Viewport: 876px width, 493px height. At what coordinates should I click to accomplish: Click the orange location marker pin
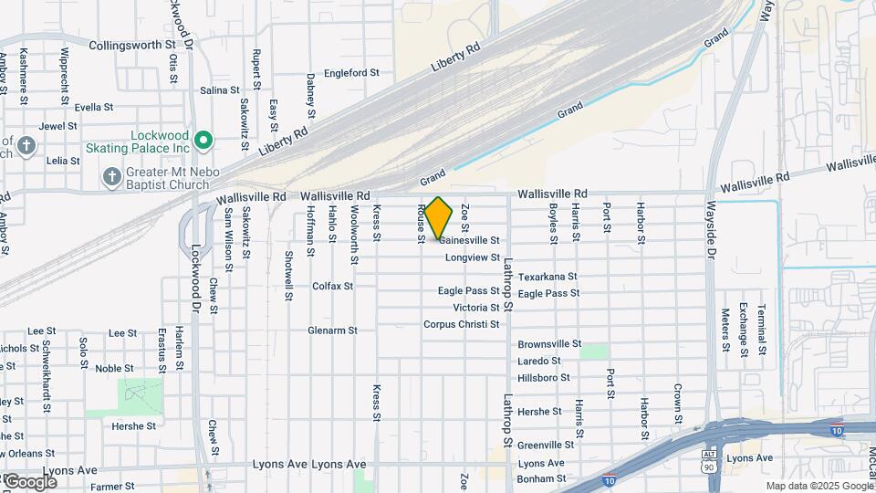pos(439,218)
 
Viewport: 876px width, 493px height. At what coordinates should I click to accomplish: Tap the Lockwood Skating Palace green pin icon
pos(203,141)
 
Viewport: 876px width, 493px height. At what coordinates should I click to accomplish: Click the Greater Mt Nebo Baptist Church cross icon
pos(111,175)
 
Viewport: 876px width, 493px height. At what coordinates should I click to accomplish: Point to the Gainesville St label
pos(469,240)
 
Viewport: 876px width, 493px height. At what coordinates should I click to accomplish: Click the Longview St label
pos(474,257)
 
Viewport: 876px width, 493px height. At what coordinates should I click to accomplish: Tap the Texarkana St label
pos(547,276)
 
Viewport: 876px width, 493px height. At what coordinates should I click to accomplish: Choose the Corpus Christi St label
pos(461,324)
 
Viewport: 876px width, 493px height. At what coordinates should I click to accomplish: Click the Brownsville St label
pos(549,344)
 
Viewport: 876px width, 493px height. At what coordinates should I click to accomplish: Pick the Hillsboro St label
pos(543,377)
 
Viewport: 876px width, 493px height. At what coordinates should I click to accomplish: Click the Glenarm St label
pos(332,330)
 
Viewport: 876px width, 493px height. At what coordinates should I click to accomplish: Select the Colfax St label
pos(332,286)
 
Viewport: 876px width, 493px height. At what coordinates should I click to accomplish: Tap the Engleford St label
pos(351,72)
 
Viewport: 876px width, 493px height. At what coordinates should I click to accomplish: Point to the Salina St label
pos(219,90)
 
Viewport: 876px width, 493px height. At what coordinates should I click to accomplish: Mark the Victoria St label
pos(469,308)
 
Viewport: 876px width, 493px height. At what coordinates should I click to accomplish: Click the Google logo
pos(30,481)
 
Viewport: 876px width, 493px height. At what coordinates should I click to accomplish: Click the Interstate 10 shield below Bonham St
pos(610,480)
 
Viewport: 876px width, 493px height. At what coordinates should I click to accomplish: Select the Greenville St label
pos(545,445)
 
